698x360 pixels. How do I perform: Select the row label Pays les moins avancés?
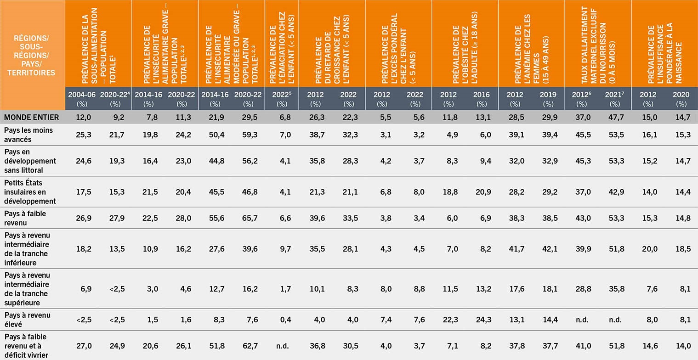click(x=28, y=135)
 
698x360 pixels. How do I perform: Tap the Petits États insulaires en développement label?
click(x=30, y=191)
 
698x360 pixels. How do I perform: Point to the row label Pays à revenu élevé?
click(x=27, y=320)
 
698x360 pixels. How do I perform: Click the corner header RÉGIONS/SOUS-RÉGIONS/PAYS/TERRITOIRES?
click(x=32, y=54)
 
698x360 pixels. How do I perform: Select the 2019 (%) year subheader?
click(x=548, y=99)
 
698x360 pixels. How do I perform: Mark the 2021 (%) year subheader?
click(x=615, y=99)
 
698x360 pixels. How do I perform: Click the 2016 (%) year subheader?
click(x=482, y=99)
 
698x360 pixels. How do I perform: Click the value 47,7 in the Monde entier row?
click(x=615, y=117)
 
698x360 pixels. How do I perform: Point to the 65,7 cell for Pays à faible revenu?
click(x=249, y=218)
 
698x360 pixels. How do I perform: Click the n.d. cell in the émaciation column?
click(x=282, y=346)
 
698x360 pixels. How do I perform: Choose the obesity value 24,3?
click(x=482, y=320)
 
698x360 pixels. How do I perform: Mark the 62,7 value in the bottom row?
click(x=249, y=346)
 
